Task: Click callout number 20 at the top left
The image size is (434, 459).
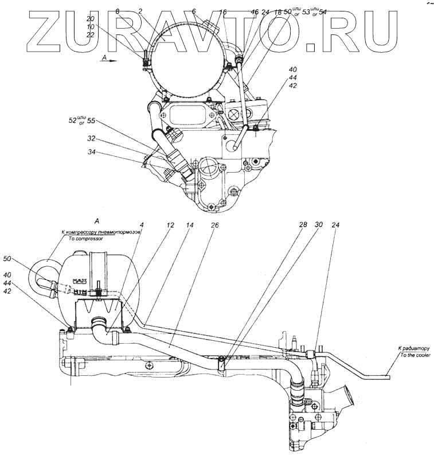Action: (x=91, y=18)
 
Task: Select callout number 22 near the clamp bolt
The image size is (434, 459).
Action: (x=91, y=34)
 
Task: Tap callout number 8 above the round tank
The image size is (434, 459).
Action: (x=118, y=11)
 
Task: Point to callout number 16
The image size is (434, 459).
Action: (x=223, y=11)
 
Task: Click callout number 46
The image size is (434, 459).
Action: (x=255, y=11)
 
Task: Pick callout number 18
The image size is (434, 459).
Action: (x=278, y=11)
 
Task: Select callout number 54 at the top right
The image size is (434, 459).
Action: (x=323, y=11)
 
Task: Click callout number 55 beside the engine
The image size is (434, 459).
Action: (x=91, y=121)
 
